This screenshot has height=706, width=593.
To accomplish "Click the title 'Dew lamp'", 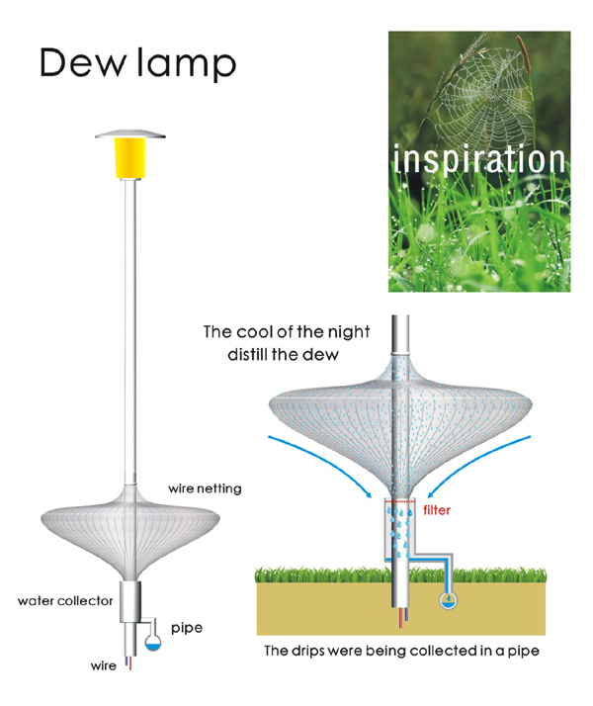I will (137, 63).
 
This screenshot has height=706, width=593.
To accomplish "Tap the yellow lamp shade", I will (131, 157).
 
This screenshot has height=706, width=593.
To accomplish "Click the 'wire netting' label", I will (205, 488).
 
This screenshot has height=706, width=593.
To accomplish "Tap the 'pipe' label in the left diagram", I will (187, 628).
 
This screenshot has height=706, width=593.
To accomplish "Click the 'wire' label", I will (103, 665).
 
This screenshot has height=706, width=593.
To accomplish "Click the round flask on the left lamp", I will (154, 641).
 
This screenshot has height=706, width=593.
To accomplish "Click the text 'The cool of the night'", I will (286, 332).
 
